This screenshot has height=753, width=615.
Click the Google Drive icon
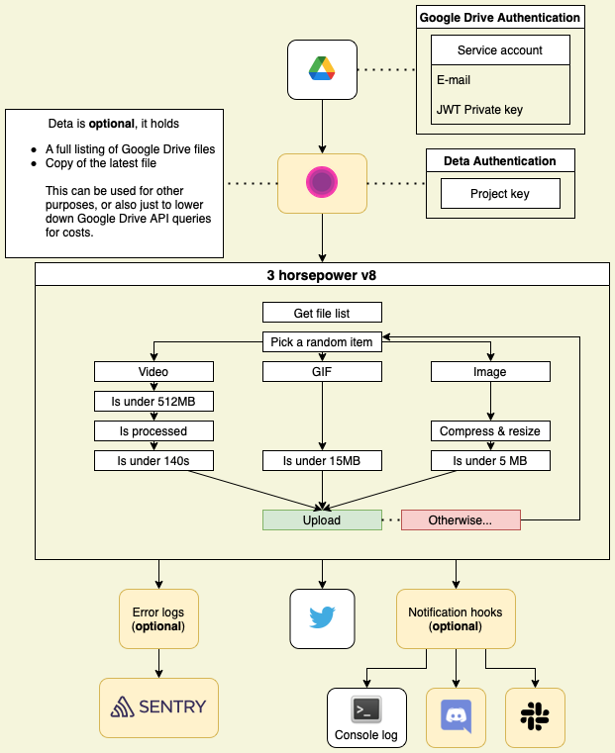(322, 69)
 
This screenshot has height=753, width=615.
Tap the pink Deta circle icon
(322, 183)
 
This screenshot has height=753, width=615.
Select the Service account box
(500, 50)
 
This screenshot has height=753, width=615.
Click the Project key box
(500, 194)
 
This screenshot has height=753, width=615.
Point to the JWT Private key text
(479, 110)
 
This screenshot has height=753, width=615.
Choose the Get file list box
(322, 313)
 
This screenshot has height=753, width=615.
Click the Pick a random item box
(322, 342)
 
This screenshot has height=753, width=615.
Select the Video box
(154, 372)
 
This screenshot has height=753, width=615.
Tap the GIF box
(322, 372)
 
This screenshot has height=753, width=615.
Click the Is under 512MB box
(154, 402)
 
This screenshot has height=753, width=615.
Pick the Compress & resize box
(490, 431)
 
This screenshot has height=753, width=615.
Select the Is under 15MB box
(322, 461)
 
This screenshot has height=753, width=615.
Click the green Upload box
(322, 520)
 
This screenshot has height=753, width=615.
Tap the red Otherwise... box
(461, 520)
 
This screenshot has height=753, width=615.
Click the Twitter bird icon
(322, 618)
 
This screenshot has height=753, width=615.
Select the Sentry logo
(158, 707)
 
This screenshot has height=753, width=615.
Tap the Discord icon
(456, 716)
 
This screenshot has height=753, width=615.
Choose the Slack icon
(536, 716)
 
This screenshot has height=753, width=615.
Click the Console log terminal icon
(366, 709)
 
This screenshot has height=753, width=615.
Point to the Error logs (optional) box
(158, 618)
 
